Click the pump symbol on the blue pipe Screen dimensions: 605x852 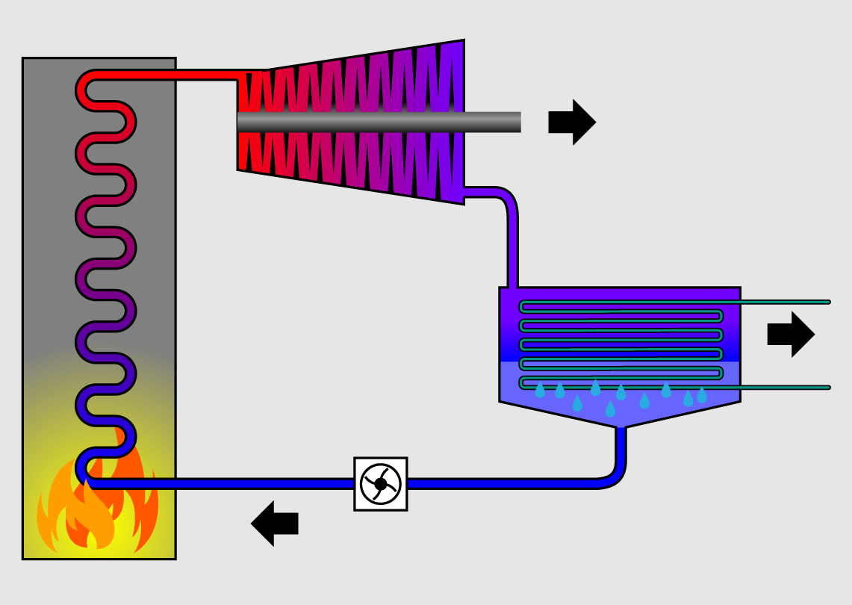(x=381, y=484)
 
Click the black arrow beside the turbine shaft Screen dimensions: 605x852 (x=571, y=122)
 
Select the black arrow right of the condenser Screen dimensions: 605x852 (x=790, y=334)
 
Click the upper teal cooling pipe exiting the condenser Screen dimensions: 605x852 (x=784, y=302)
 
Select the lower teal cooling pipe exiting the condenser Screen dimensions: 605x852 (x=784, y=388)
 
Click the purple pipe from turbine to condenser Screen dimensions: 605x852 (x=512, y=239)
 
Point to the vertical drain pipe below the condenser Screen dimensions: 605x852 (x=620, y=448)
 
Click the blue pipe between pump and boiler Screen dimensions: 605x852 (x=224, y=484)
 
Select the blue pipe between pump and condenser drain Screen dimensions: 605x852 (x=508, y=484)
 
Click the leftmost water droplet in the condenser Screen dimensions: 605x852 (x=540, y=391)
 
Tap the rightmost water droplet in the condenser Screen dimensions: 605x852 (x=702, y=395)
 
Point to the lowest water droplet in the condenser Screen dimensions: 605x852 (x=610, y=409)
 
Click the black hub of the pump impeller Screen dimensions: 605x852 (x=381, y=484)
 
